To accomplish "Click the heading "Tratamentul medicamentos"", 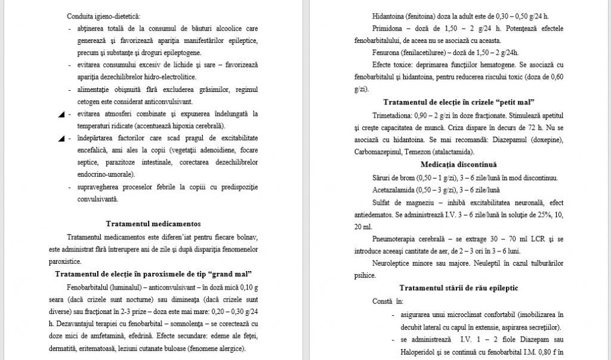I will coord(153,224).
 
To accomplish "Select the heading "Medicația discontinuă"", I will coord(458,164).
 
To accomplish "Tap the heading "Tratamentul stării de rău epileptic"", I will coord(458,288).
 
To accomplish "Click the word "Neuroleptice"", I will coord(391,263).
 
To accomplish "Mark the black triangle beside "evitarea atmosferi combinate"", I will coord(61,114).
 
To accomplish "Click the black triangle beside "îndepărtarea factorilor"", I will coord(61,139).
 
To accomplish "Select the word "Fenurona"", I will coord(387,52).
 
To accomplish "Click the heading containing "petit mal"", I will coord(458,101).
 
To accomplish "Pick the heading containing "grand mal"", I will coord(153,274).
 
